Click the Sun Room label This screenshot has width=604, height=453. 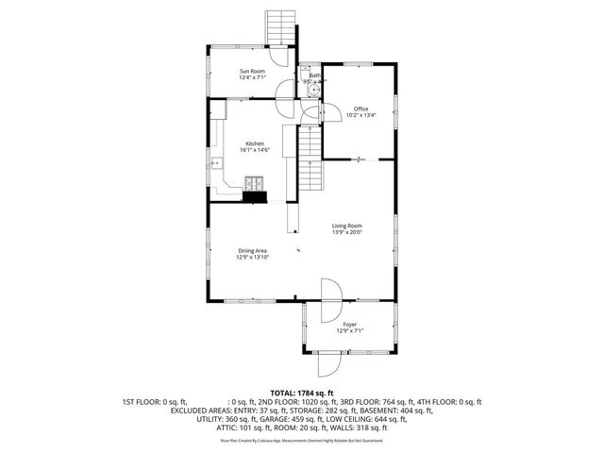tap(252, 72)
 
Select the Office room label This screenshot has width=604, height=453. tap(361, 109)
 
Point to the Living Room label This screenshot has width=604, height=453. tap(347, 226)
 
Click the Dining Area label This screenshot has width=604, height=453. tap(252, 250)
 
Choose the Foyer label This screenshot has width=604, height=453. tap(349, 324)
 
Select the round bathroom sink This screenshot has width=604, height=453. tap(306, 92)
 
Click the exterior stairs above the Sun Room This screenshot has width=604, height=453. tap(280, 26)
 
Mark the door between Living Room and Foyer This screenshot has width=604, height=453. tap(329, 300)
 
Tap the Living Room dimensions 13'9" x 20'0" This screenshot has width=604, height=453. tap(347, 233)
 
